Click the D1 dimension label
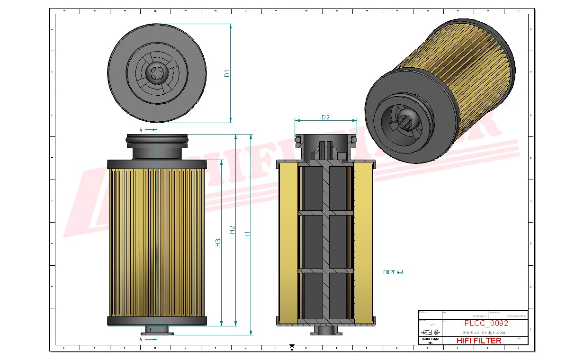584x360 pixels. [x=227, y=73]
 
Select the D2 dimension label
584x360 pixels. [x=325, y=117]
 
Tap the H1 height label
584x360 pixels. [x=247, y=234]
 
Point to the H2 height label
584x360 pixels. [x=232, y=230]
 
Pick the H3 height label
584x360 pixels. [x=218, y=243]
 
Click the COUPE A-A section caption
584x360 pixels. [x=393, y=272]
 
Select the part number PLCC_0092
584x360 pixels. [x=486, y=324]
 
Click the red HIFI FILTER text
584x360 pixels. [x=478, y=340]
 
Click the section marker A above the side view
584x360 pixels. [x=141, y=129]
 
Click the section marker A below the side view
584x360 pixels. [x=141, y=339]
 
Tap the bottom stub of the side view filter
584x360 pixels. [x=157, y=330]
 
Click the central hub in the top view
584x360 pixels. [x=157, y=73]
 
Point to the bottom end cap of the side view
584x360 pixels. [x=157, y=321]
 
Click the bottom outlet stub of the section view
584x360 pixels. [x=325, y=330]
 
